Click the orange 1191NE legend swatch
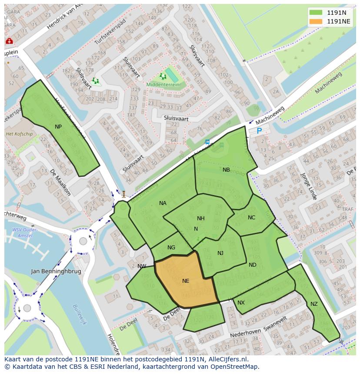tap(316, 21)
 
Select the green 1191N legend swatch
tap(316, 13)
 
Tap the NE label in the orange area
tap(186, 281)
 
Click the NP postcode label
tap(58, 126)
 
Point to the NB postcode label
tap(226, 170)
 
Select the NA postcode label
tap(163, 203)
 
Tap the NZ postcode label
tap(314, 304)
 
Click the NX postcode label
tap(241, 302)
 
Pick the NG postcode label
tap(171, 248)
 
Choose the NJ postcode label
tap(220, 253)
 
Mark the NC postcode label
tap(251, 218)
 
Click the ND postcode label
tap(253, 265)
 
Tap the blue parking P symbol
tap(259, 131)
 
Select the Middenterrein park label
tap(163, 85)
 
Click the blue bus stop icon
tap(207, 142)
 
